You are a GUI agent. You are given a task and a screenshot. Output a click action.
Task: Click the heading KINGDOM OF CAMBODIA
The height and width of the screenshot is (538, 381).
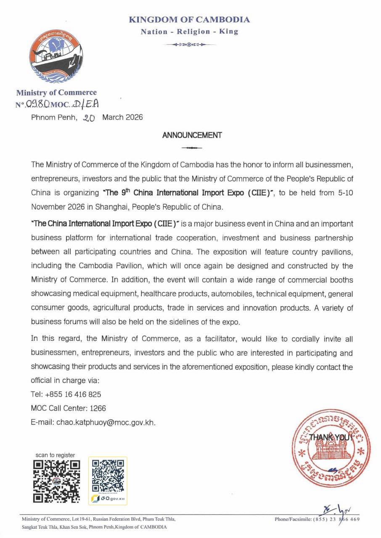click(x=189, y=20)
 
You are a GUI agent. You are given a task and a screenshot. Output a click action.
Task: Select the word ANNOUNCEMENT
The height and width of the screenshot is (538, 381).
click(x=192, y=135)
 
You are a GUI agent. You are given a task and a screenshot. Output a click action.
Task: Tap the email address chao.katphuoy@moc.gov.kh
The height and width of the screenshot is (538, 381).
click(x=106, y=422)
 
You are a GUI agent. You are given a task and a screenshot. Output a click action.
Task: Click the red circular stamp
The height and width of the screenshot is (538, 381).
click(x=331, y=447)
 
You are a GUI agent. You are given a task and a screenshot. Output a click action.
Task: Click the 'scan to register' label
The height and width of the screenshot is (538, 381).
click(x=55, y=455)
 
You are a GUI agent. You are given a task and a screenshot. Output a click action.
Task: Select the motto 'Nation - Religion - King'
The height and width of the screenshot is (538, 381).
click(x=189, y=32)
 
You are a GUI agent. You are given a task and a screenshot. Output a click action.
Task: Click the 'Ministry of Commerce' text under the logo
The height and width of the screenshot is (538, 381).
click(x=56, y=92)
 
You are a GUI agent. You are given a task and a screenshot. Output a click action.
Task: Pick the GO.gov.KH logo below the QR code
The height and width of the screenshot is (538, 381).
click(x=108, y=498)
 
